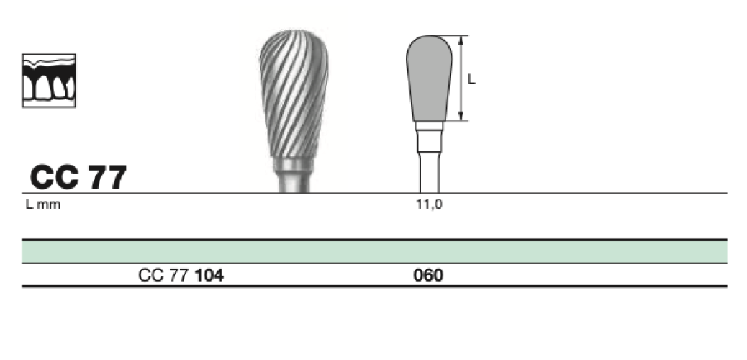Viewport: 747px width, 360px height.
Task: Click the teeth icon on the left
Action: (49, 80)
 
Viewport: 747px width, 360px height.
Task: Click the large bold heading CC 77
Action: (78, 177)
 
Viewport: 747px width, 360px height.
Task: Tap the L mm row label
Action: (43, 204)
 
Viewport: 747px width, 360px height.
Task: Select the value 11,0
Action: (429, 204)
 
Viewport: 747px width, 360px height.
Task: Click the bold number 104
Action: (209, 275)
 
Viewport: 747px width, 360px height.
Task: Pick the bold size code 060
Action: (428, 275)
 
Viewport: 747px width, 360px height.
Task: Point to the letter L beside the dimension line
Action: (471, 79)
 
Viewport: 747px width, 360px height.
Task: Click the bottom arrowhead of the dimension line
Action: (461, 116)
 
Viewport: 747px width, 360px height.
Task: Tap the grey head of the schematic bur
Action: (429, 78)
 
